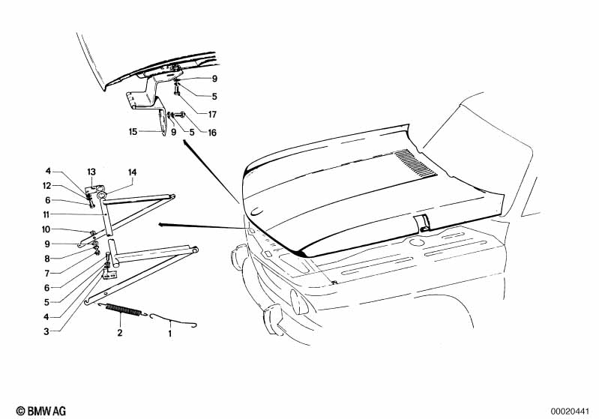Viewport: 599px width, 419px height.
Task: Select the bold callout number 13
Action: coord(91,172)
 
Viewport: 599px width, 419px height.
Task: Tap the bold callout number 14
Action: coord(132,172)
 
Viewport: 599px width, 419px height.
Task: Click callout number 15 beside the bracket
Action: coord(133,132)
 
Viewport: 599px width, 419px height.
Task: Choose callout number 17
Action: coord(213,114)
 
